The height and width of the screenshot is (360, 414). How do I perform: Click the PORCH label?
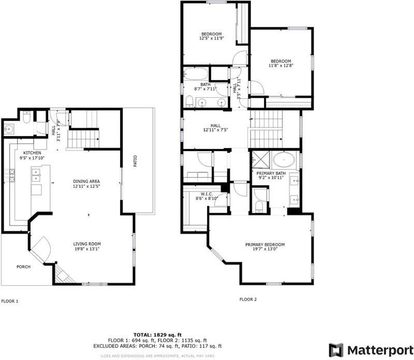(23, 267)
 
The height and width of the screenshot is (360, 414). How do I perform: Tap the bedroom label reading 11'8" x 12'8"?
(280, 61)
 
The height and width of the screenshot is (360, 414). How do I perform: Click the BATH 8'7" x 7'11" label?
(205, 85)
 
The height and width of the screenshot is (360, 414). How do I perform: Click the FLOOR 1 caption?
(10, 301)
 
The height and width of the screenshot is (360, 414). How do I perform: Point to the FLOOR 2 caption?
(248, 298)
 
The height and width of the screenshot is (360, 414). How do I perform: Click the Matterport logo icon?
(336, 349)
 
